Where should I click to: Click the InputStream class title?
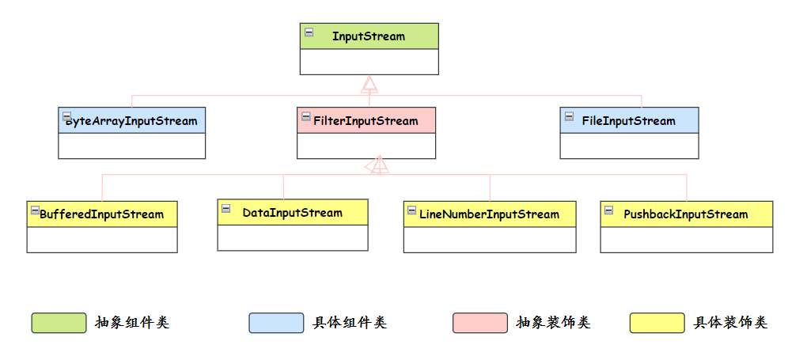tap(368, 36)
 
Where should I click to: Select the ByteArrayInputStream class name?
tap(131, 121)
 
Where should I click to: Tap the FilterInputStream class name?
tap(366, 121)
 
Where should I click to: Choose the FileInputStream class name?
tap(628, 121)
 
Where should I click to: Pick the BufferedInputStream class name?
tap(101, 214)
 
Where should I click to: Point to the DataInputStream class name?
tap(292, 213)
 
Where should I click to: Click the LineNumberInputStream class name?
tap(489, 214)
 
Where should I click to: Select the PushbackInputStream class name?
tap(685, 214)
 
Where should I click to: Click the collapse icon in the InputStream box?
tap(309, 32)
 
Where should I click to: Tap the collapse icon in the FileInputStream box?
tap(569, 117)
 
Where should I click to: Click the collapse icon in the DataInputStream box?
tap(226, 209)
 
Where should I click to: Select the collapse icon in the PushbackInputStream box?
tap(609, 210)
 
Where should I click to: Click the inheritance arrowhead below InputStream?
tap(369, 85)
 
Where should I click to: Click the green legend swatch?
tap(59, 323)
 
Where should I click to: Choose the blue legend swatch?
tap(276, 323)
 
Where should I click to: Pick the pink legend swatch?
tap(479, 323)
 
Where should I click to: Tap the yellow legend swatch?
tap(657, 323)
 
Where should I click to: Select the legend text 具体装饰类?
tap(730, 323)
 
